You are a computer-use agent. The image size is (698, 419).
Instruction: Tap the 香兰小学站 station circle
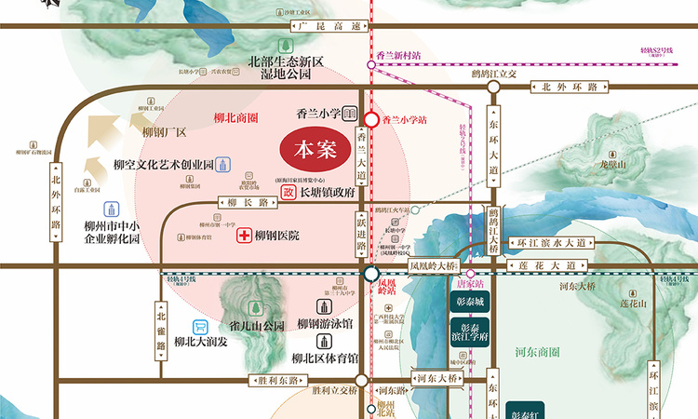tap(370, 120)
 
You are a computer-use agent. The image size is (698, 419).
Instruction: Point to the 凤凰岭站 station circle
tap(370, 274)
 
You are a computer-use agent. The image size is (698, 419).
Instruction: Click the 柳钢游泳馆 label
tap(325, 324)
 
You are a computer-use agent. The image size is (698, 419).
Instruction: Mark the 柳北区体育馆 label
tap(325, 358)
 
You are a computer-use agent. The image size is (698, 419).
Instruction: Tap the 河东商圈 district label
tap(536, 353)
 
